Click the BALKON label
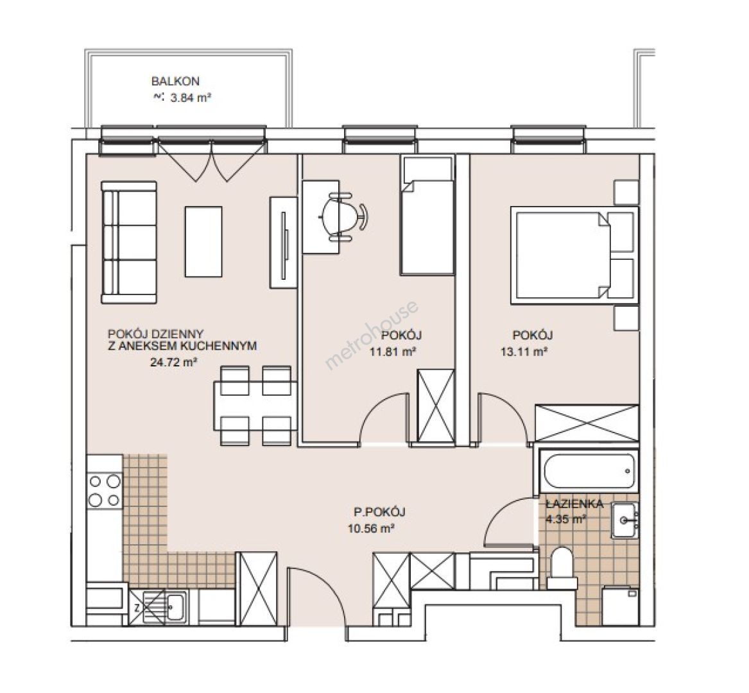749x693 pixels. (175, 81)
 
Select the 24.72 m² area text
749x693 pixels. (174, 362)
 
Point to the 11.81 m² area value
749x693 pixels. (392, 352)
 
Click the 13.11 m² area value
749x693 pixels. (524, 352)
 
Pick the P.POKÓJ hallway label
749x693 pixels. (380, 512)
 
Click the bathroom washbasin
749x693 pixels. (624, 520)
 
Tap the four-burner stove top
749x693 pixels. (105, 490)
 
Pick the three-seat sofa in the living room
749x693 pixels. (128, 242)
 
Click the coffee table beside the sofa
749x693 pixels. (203, 241)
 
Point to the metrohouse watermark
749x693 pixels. (372, 334)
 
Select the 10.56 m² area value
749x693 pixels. (371, 529)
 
